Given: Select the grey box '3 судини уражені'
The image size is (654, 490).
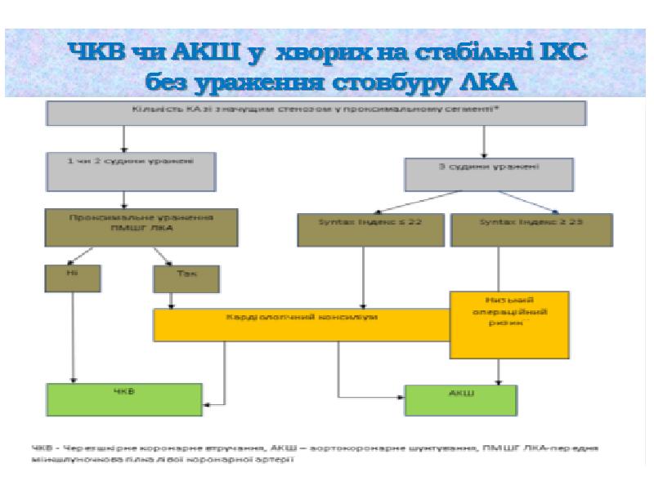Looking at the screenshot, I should pyautogui.click(x=487, y=171).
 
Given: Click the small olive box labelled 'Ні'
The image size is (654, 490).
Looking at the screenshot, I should pyautogui.click(x=72, y=278).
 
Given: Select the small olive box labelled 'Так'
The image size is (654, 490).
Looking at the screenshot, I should pyautogui.click(x=186, y=279).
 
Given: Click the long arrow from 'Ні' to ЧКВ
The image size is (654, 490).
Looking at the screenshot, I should pyautogui.click(x=74, y=335).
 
